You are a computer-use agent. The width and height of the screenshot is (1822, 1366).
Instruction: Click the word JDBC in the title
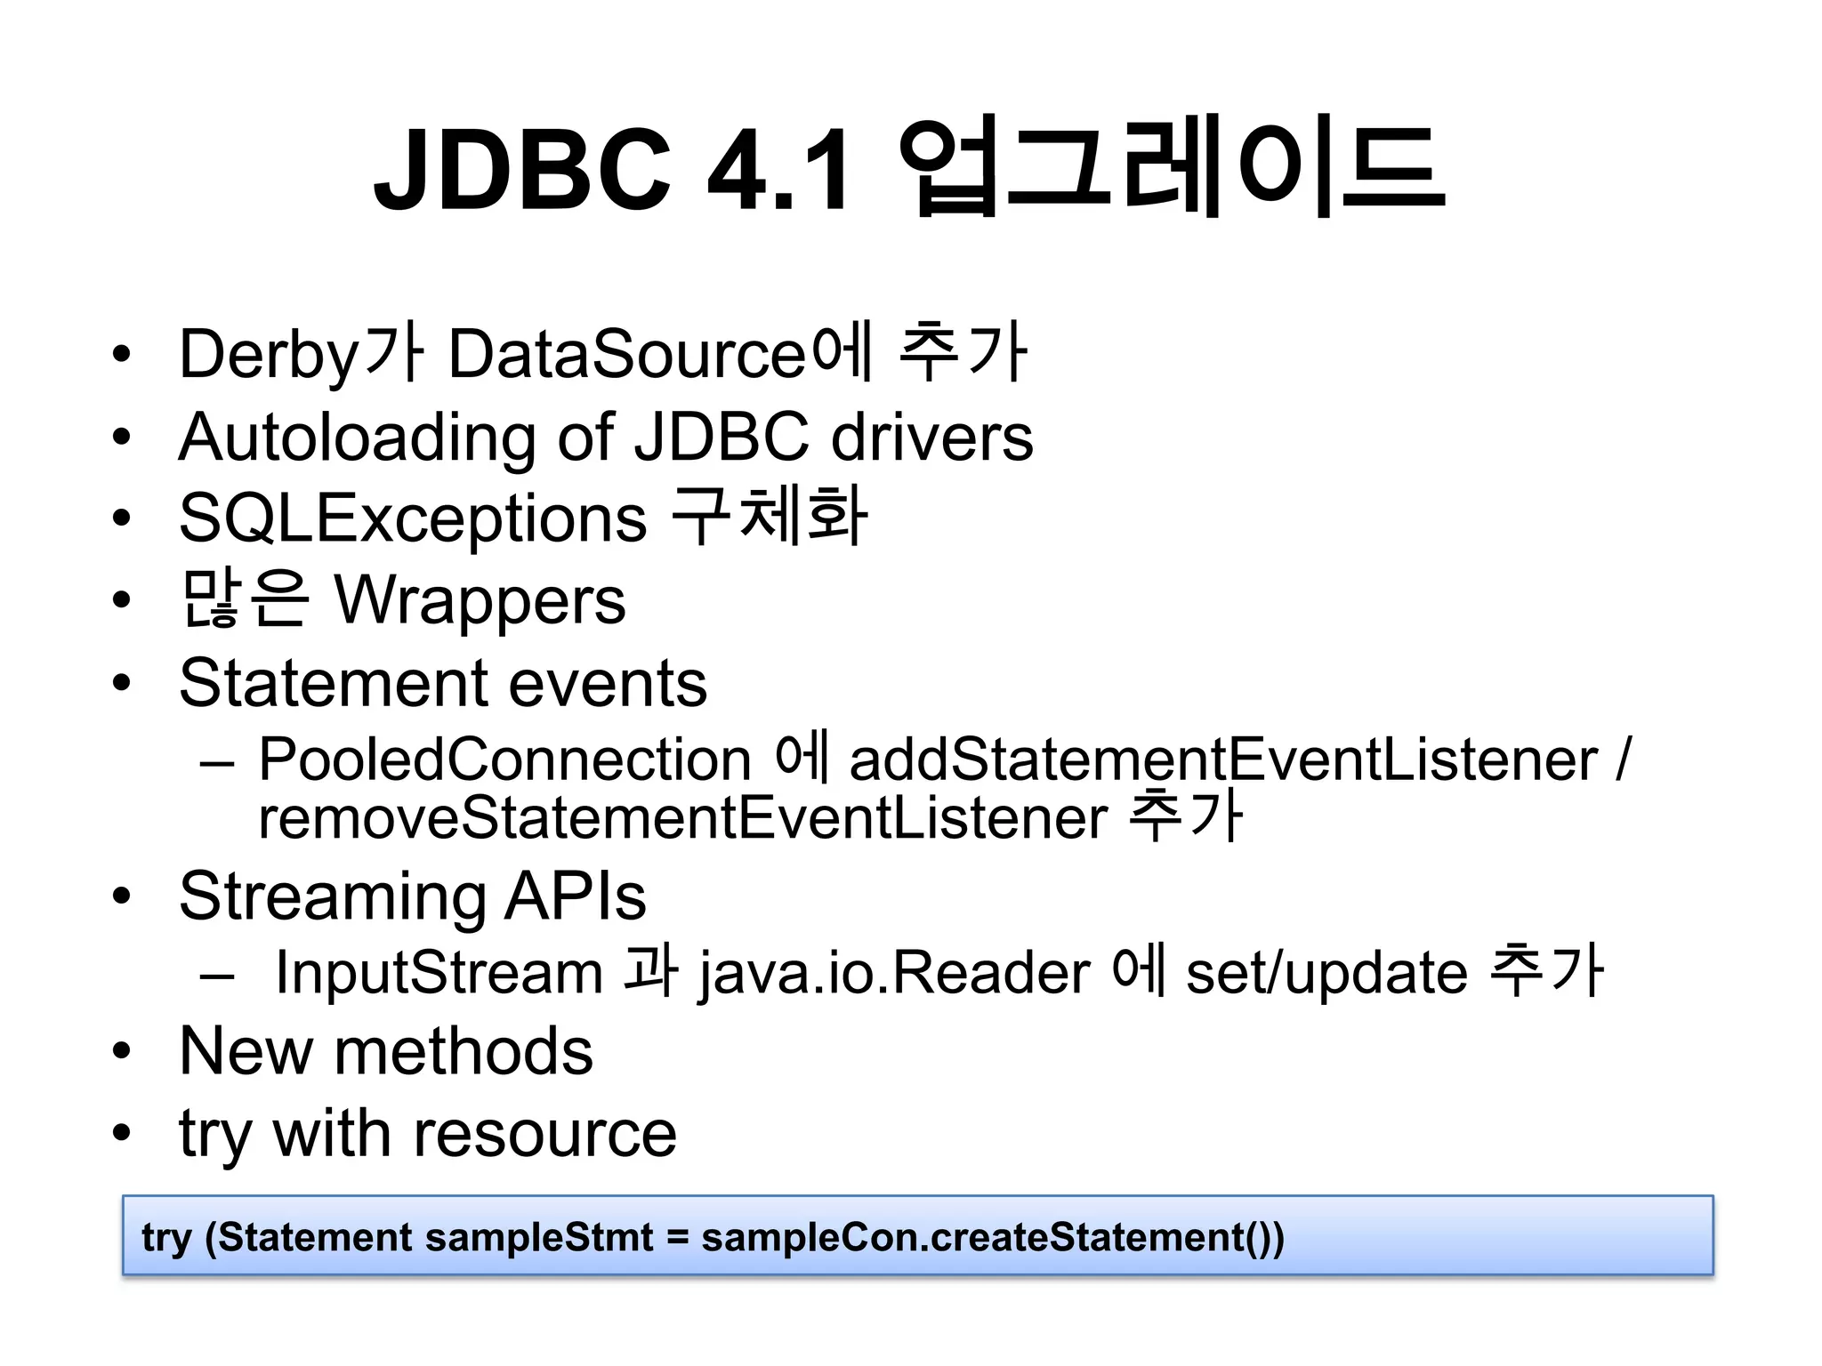point(522,169)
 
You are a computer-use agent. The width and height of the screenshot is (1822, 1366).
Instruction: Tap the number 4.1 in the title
point(778,169)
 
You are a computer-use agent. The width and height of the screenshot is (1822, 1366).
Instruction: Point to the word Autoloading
point(357,438)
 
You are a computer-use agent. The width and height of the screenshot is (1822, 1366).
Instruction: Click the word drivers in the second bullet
point(931,438)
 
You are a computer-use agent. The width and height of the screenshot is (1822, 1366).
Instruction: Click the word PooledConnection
point(505,760)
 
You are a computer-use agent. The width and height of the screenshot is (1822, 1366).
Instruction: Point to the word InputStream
point(439,972)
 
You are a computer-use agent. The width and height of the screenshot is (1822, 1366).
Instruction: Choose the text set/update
point(1326,972)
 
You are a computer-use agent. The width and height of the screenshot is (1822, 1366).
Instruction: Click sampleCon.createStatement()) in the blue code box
point(993,1237)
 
